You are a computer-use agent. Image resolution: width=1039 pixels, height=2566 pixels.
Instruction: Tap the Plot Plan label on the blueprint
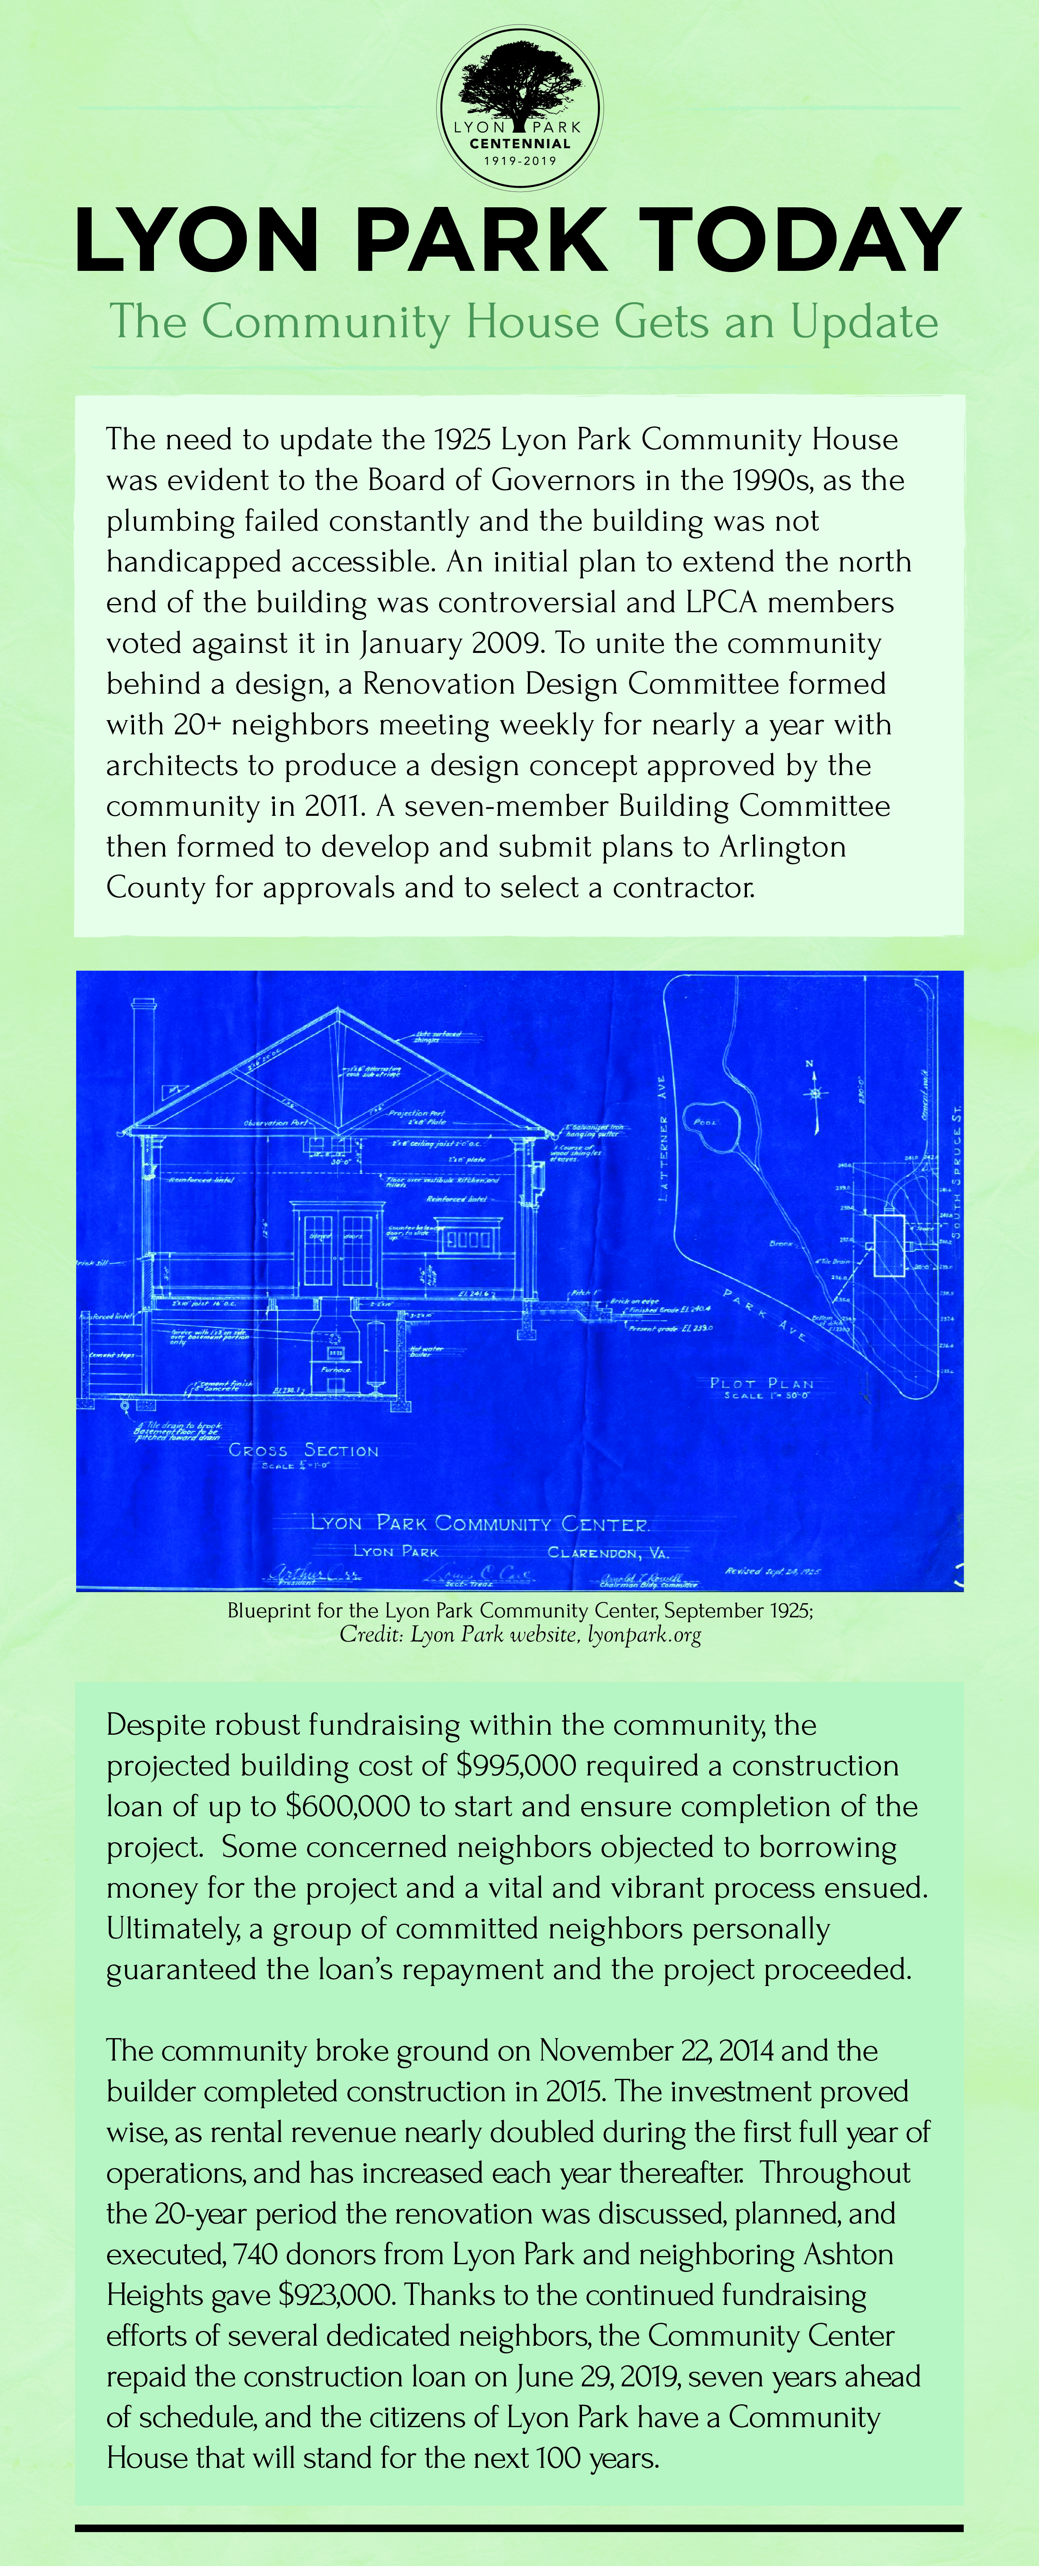pyautogui.click(x=762, y=1384)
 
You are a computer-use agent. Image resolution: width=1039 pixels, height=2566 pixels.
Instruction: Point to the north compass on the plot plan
pyautogui.click(x=816, y=1094)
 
